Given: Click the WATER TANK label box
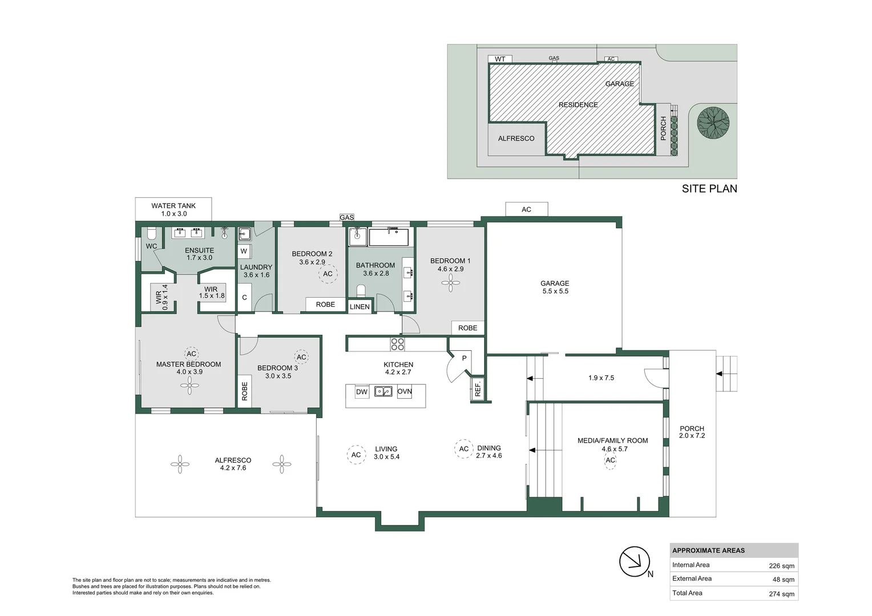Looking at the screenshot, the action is click(173, 209).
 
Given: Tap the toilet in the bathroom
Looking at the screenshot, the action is click(361, 291).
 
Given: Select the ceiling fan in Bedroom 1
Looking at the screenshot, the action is click(450, 283).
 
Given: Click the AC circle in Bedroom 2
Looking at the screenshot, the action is click(328, 274).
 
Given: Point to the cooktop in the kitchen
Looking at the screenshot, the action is click(397, 345).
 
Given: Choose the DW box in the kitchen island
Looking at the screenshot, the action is click(362, 392).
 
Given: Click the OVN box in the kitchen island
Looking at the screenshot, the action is click(405, 391).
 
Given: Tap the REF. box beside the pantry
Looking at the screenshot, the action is click(478, 389).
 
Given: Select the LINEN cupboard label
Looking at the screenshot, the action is click(360, 307).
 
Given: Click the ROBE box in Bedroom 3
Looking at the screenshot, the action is click(244, 391).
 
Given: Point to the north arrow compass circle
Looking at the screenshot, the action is click(635, 561).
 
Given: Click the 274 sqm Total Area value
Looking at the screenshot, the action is click(782, 594).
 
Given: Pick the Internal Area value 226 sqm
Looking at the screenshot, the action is click(782, 566).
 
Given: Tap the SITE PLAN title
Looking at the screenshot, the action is click(709, 189).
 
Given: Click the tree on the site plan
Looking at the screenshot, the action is click(713, 123).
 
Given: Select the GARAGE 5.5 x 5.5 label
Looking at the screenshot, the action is click(555, 287).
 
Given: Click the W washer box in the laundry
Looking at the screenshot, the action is click(244, 252).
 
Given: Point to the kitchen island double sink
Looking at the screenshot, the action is click(383, 391).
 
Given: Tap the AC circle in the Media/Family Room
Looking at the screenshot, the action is click(611, 460).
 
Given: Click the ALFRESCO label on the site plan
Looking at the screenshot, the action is click(516, 139).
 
